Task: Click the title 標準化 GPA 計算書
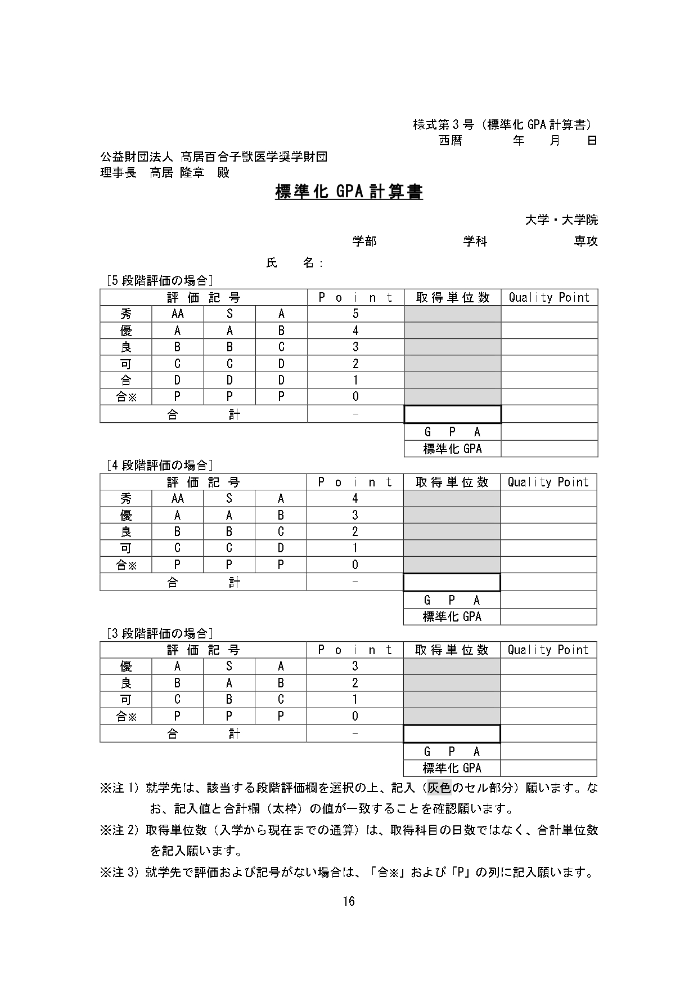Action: click(349, 192)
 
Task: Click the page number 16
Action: click(349, 901)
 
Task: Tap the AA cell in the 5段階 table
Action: click(177, 314)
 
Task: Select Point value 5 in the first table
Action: click(355, 314)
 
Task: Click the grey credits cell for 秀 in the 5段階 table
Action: click(452, 314)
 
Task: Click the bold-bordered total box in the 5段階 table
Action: click(452, 415)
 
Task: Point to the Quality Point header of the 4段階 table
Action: click(548, 482)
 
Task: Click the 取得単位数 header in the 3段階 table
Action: click(452, 650)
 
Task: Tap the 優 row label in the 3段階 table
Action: click(126, 667)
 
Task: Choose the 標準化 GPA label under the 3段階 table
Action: click(452, 768)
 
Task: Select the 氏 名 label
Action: click(294, 263)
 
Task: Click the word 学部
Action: click(364, 242)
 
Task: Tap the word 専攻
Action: click(586, 242)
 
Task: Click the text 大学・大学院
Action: click(561, 220)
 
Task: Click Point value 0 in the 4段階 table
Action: click(355, 565)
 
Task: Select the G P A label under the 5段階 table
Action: click(452, 432)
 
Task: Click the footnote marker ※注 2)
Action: click(119, 830)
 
